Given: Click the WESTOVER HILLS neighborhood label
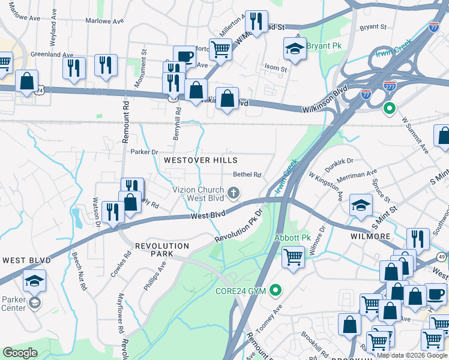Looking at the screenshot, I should click(x=200, y=160).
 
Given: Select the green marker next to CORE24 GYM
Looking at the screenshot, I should click(x=276, y=292).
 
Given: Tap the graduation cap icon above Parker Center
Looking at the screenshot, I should click(x=35, y=280).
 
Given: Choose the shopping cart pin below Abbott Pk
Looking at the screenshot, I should click(x=293, y=258).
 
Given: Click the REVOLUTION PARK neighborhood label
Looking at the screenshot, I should click(x=162, y=250).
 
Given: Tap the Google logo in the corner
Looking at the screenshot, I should click(x=20, y=352).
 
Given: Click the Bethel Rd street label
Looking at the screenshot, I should click(x=247, y=175).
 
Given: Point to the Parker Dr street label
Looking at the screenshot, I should click(x=144, y=152).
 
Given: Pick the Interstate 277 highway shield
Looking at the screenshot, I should click(x=390, y=86).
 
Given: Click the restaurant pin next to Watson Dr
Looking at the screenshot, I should click(x=112, y=211).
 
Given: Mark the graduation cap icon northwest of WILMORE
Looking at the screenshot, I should click(x=360, y=205).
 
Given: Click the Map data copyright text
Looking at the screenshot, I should click(x=412, y=355).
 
